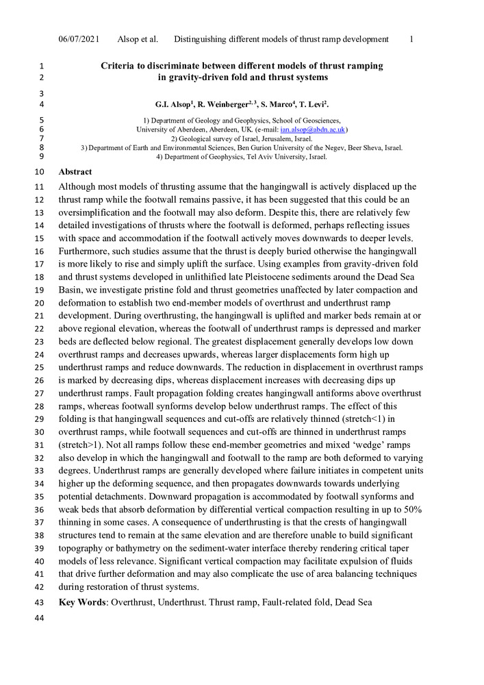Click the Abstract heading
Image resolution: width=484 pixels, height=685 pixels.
coord(75,172)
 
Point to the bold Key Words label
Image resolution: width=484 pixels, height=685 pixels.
coord(83,602)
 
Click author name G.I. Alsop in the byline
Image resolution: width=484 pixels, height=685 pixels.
coord(177,105)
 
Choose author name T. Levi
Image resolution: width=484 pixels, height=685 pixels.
coord(312,105)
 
